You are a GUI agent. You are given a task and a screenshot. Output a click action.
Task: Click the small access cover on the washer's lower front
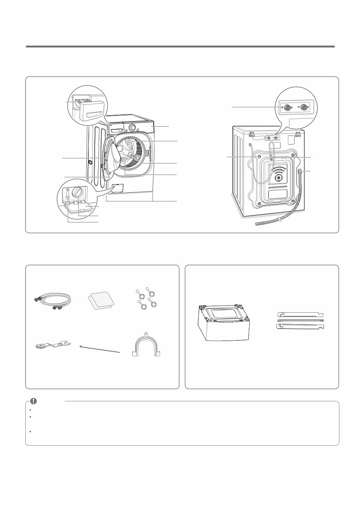[118, 188]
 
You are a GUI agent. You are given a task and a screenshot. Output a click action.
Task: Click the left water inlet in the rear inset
[288, 107]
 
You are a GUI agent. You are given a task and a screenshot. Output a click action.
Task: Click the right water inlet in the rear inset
[304, 107]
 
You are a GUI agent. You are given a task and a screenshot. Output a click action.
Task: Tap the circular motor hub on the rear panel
[279, 178]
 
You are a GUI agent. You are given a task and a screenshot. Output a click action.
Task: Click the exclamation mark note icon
[34, 401]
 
